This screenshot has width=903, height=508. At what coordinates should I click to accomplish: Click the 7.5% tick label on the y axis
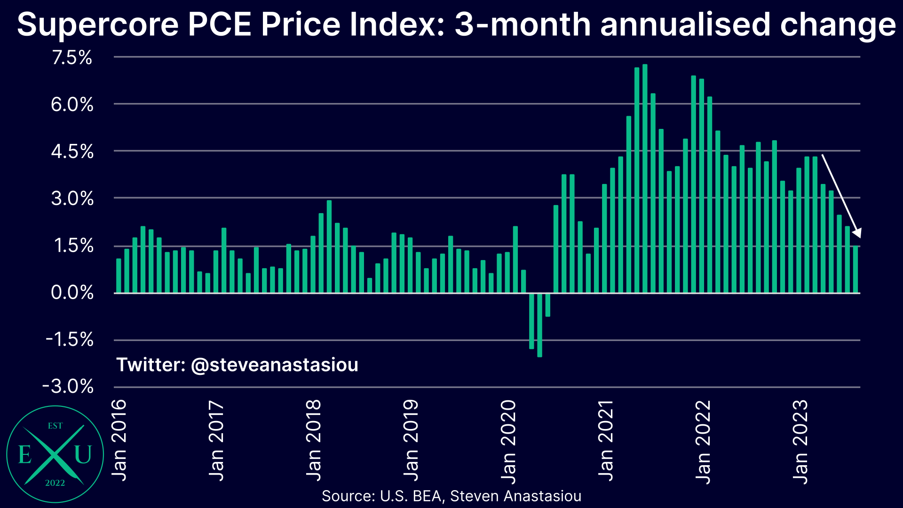[x=72, y=58]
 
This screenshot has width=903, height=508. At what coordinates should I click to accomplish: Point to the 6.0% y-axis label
[x=72, y=104]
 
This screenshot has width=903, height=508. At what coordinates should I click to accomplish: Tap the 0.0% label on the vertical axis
[x=72, y=293]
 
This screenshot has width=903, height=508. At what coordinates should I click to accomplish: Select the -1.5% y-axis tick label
[x=70, y=339]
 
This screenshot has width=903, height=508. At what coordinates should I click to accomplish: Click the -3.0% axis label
[x=68, y=387]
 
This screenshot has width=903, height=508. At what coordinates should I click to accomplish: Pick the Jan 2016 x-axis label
[x=119, y=440]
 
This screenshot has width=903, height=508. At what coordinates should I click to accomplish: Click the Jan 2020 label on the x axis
[x=508, y=441]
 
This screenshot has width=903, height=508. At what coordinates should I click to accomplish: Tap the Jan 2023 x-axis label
[x=800, y=441]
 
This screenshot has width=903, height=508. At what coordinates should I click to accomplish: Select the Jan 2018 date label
[x=314, y=440]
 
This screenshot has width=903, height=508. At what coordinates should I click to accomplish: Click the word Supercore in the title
[x=98, y=24]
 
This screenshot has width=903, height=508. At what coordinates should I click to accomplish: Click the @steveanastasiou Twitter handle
[x=275, y=365]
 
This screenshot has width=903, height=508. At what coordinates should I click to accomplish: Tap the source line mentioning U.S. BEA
[x=451, y=496]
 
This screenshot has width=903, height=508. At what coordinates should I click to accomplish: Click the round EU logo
[x=55, y=454]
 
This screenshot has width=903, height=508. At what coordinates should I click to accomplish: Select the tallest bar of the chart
[x=645, y=179]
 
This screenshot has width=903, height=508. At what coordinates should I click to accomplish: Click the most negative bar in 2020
[x=539, y=325]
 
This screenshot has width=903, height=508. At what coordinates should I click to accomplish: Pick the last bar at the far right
[x=855, y=270]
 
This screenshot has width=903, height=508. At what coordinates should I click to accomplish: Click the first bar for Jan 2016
[x=119, y=276]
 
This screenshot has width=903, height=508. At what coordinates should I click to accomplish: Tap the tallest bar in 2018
[x=329, y=246]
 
